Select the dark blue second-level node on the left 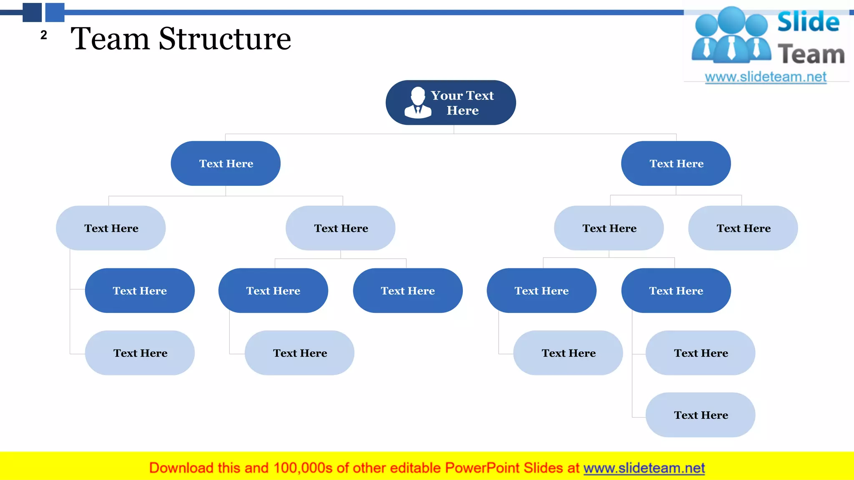click(226, 163)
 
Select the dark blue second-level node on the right click(676, 163)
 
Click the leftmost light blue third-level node click(111, 228)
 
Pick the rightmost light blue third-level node click(743, 228)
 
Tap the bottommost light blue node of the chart click(701, 415)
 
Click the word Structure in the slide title click(225, 39)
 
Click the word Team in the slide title click(110, 39)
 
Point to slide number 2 click(44, 35)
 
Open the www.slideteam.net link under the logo click(766, 77)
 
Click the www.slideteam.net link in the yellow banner click(644, 468)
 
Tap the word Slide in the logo click(808, 22)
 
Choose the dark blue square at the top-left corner click(32, 12)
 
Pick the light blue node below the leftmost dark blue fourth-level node click(140, 353)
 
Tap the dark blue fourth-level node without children click(408, 290)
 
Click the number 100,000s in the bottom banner click(303, 468)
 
